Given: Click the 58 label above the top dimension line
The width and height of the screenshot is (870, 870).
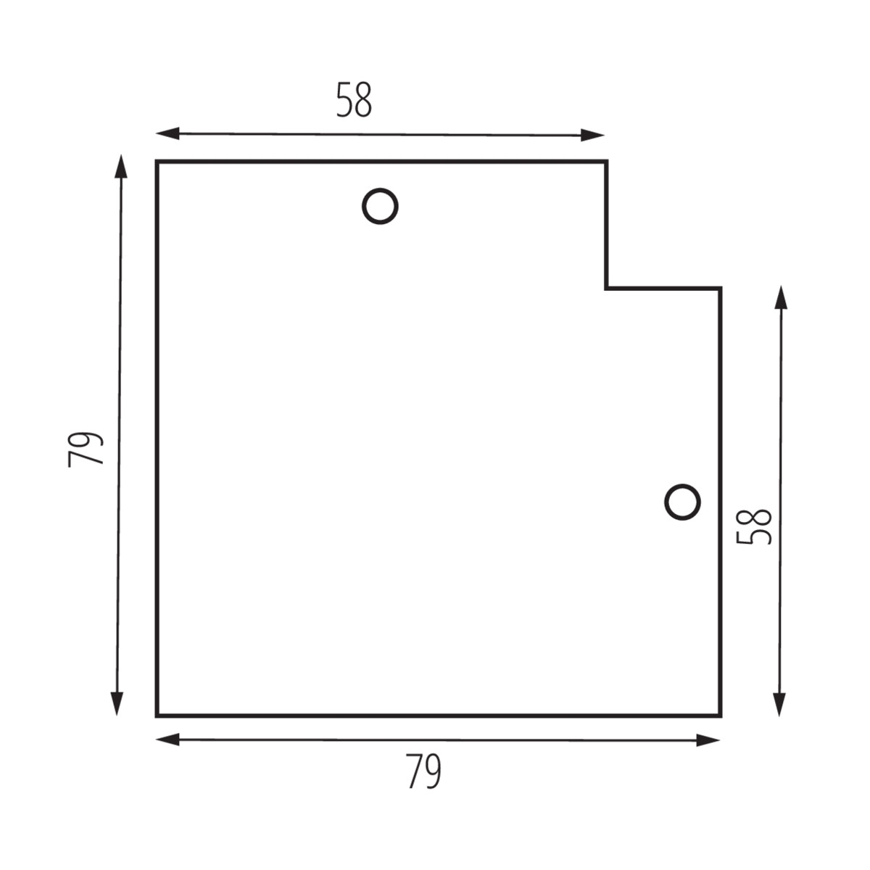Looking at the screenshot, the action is coord(354,100).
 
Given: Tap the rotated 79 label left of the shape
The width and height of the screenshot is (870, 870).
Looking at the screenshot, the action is coord(86,449).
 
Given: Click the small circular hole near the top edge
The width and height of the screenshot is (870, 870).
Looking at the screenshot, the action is coord(380,206).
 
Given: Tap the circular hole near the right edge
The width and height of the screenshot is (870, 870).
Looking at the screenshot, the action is coord(682,502).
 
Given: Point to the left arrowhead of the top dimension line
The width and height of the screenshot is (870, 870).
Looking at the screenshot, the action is coord(167,133).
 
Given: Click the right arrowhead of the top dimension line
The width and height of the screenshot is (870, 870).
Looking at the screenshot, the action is coord(592,135).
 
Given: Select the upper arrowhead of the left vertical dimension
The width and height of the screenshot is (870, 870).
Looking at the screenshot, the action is coord(121,166).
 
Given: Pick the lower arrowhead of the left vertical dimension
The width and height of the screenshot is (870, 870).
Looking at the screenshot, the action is coord(117,704).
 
